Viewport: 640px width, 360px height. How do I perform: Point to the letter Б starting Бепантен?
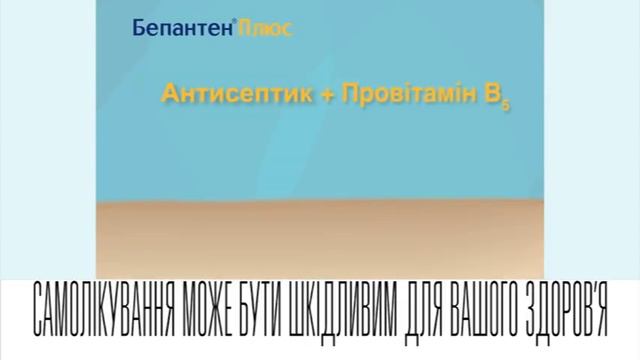[138, 29]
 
